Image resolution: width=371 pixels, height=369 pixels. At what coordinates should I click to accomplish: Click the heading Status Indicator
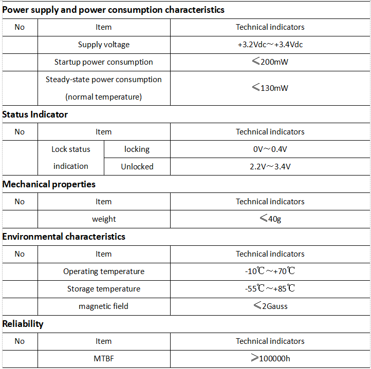(x=35, y=114)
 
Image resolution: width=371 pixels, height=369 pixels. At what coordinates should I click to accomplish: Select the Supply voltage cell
(x=104, y=45)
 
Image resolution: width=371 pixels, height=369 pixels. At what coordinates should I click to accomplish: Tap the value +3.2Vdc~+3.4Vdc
(x=270, y=45)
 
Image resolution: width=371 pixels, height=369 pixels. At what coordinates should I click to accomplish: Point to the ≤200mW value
(x=270, y=62)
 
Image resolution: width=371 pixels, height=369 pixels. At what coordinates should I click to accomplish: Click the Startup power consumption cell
(x=104, y=62)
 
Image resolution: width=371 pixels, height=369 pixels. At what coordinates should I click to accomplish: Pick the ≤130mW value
(x=270, y=88)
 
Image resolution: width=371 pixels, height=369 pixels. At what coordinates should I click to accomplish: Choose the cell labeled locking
(x=137, y=149)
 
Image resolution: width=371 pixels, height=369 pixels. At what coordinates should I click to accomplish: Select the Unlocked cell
(x=137, y=166)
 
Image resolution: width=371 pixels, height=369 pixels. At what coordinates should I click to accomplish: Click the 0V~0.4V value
(x=270, y=149)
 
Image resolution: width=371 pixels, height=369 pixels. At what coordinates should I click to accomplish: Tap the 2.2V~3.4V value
(x=270, y=166)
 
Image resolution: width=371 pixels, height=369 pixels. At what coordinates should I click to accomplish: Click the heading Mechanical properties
(x=49, y=184)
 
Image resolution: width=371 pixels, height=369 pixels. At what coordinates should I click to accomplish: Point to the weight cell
(x=104, y=219)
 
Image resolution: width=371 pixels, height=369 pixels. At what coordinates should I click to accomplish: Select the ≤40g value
(x=270, y=219)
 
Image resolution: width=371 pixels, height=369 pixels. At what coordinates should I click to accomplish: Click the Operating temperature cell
(x=104, y=271)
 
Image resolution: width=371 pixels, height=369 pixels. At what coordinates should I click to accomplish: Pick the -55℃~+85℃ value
(x=270, y=289)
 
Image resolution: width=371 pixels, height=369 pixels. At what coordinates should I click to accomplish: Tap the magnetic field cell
(x=104, y=306)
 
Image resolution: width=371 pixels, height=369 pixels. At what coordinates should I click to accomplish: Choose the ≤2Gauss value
(x=270, y=306)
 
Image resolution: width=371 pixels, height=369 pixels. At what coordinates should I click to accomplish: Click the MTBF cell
(x=104, y=359)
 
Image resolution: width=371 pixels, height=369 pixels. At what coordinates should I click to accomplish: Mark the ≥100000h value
(x=270, y=359)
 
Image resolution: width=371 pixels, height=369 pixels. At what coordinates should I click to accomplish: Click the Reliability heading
(x=23, y=324)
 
